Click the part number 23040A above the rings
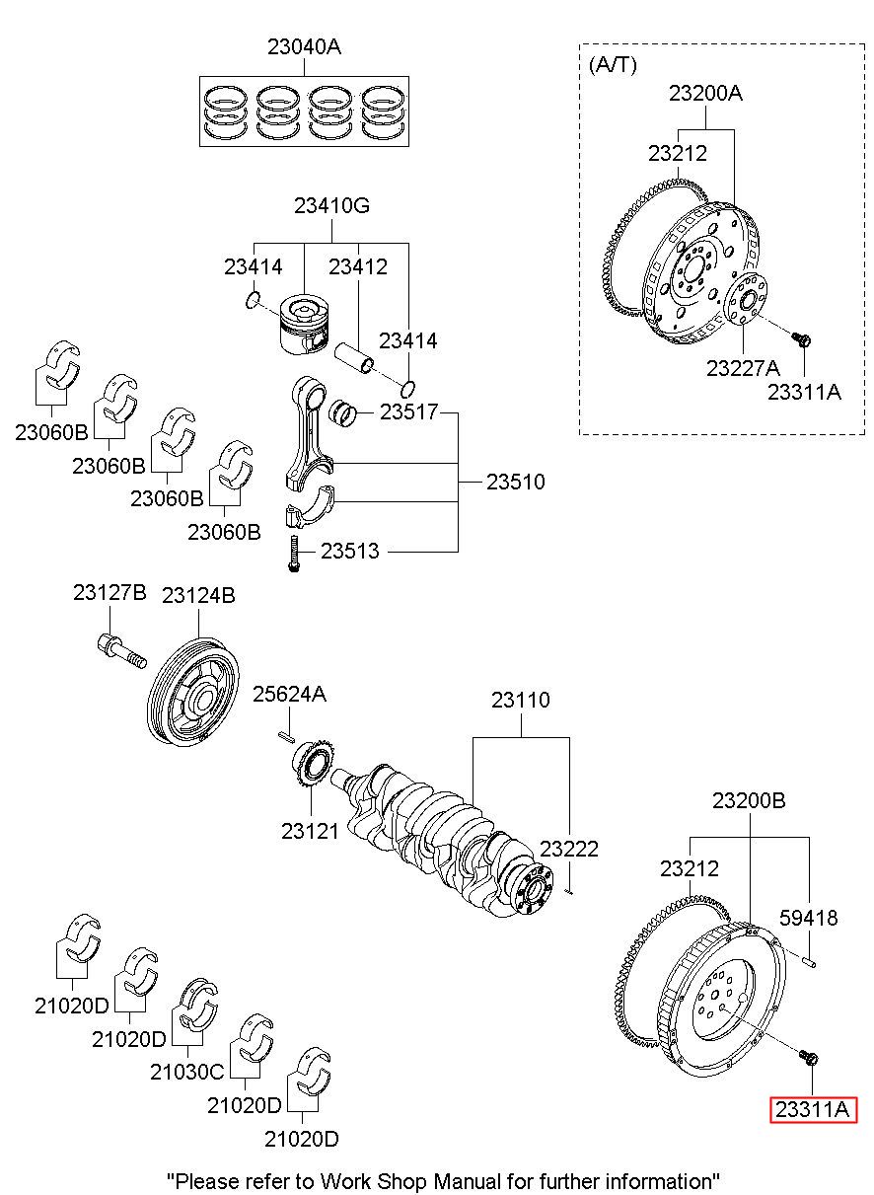[304, 47]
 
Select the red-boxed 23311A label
[812, 1109]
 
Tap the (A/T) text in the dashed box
[613, 65]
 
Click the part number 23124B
[198, 595]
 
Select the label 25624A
[289, 694]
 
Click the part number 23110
[521, 700]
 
